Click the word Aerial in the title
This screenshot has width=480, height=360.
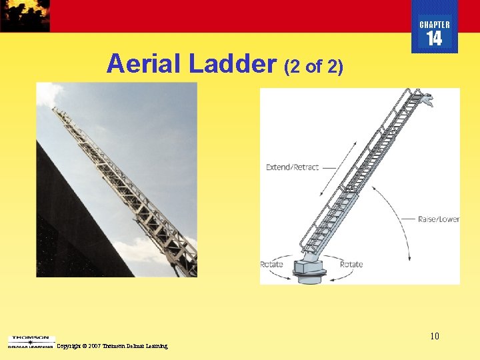tap(144, 64)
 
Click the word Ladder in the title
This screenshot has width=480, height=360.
tap(233, 64)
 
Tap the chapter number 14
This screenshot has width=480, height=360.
tap(434, 39)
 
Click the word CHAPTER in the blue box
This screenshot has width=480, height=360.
tap(434, 25)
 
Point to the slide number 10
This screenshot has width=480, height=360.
tap(434, 336)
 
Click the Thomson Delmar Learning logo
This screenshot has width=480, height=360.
tap(31, 342)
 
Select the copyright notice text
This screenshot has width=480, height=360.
tap(112, 346)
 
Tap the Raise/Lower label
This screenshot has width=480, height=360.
tap(438, 219)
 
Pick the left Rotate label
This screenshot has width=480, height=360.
tap(271, 265)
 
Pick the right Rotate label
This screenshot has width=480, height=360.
tap(351, 265)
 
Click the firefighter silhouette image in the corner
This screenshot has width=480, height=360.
tap(25, 15)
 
